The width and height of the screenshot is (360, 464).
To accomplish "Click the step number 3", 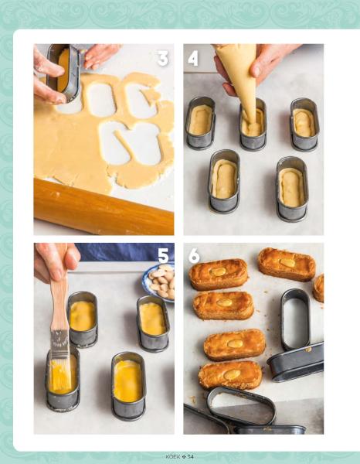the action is (163, 58).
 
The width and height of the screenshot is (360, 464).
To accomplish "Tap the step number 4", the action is (192, 59).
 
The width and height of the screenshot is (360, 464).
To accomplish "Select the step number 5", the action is (163, 256).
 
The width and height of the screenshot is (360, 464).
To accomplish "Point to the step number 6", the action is (194, 256).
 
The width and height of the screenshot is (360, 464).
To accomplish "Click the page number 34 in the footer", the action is (190, 456).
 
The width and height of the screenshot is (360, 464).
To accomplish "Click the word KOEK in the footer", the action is (172, 456).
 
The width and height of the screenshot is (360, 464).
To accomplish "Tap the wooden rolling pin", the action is (104, 207).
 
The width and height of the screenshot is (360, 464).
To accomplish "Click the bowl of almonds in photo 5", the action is (160, 282).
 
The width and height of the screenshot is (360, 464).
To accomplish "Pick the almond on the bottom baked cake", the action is (232, 374).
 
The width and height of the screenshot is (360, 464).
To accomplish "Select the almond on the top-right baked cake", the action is (287, 262).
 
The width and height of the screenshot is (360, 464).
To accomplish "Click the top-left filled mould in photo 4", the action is (200, 123).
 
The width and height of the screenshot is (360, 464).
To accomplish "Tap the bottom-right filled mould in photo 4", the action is (292, 189).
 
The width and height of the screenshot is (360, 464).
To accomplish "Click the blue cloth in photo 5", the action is (124, 252).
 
